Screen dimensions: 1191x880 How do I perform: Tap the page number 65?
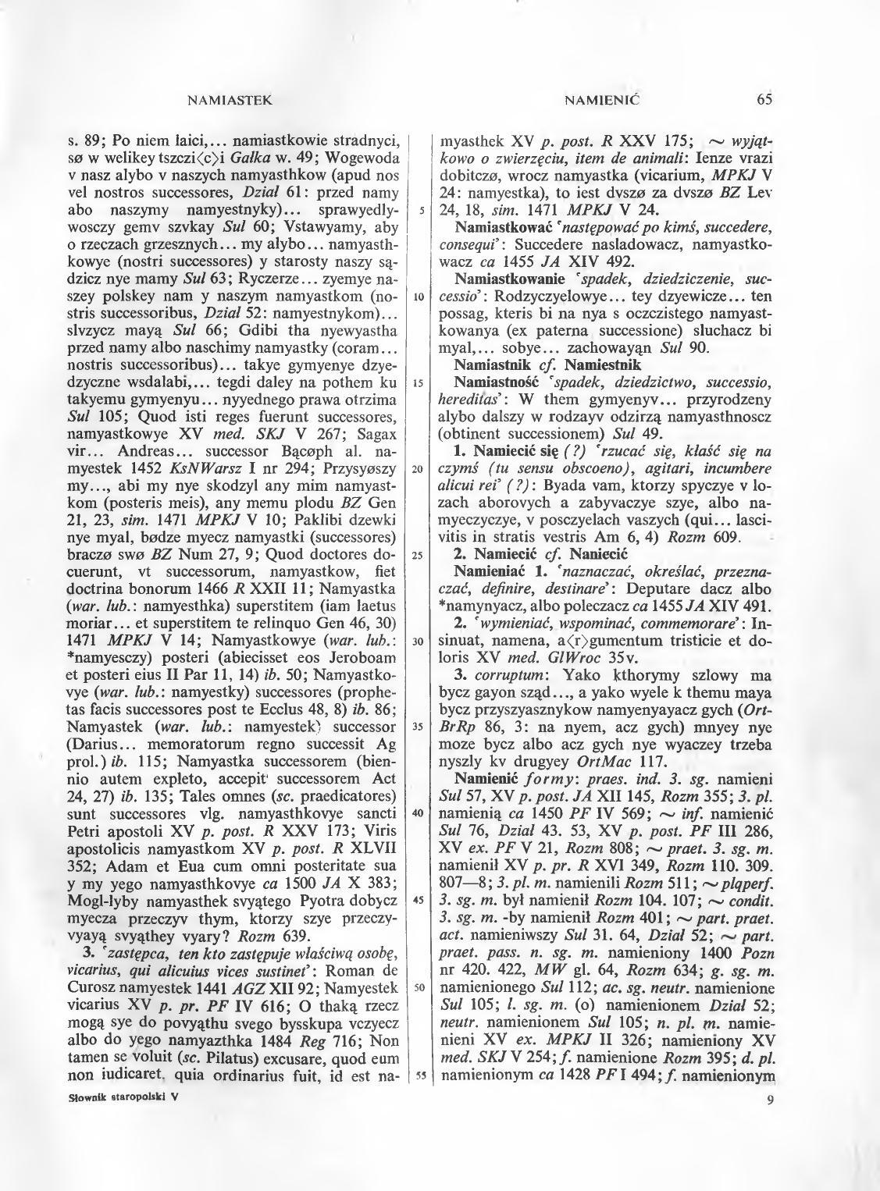(x=764, y=99)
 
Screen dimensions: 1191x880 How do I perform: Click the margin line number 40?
(x=419, y=812)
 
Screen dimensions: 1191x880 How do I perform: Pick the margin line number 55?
(x=419, y=1074)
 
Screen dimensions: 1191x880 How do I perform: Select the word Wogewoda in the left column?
(x=365, y=158)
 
